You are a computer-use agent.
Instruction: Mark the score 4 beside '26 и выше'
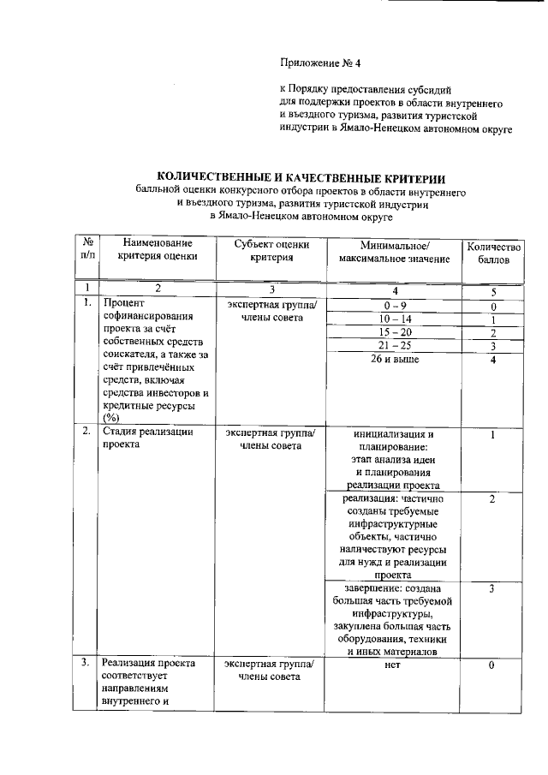click(492, 359)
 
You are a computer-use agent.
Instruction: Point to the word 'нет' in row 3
click(393, 664)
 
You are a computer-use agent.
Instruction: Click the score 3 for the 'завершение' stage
click(492, 589)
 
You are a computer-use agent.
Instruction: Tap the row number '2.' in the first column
click(86, 432)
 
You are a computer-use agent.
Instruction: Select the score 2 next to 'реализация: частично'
click(492, 498)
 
